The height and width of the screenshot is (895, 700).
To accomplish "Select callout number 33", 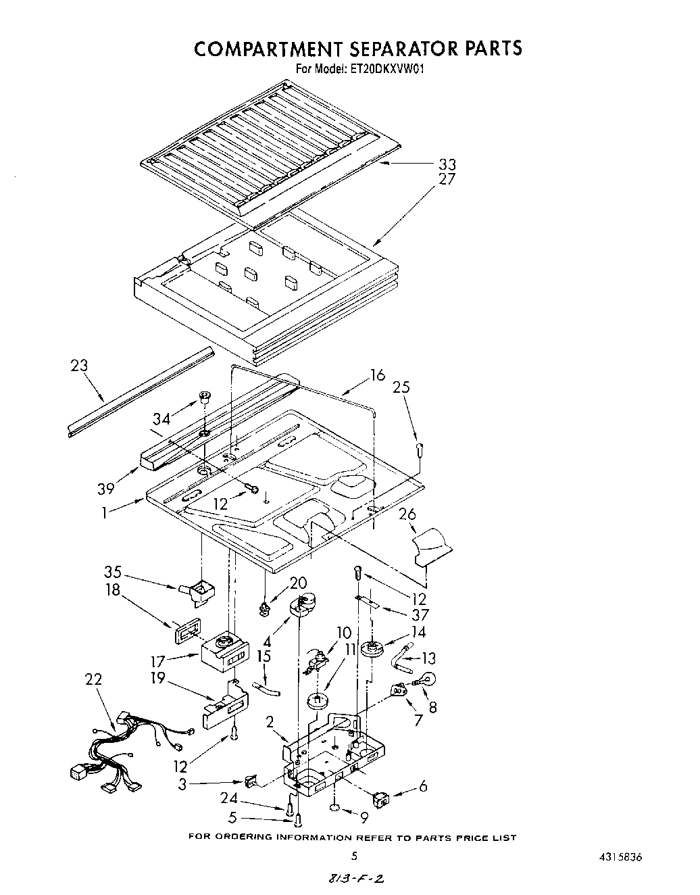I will (447, 164).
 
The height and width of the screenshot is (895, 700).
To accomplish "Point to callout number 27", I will (447, 180).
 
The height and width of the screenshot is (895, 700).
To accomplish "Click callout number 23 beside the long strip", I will (79, 366).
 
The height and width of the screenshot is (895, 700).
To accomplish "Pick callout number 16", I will (377, 376).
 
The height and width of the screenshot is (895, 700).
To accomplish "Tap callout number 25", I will (401, 388).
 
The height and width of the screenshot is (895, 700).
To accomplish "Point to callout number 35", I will (112, 572).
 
